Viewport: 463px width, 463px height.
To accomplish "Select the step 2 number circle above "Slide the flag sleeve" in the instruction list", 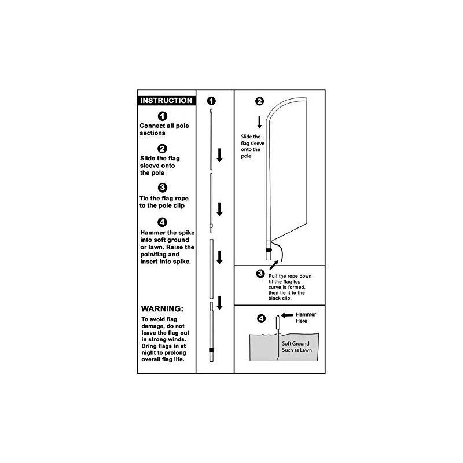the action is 163,148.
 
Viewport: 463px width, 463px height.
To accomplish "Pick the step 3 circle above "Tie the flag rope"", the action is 163,187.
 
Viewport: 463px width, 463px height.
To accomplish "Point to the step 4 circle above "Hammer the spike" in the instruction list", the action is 163,222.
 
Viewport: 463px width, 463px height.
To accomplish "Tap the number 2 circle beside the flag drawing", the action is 259,101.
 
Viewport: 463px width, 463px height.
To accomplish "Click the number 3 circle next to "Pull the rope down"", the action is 260,274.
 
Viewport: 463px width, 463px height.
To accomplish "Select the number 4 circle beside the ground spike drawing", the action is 260,318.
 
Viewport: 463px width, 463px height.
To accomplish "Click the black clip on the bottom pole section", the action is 212,351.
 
